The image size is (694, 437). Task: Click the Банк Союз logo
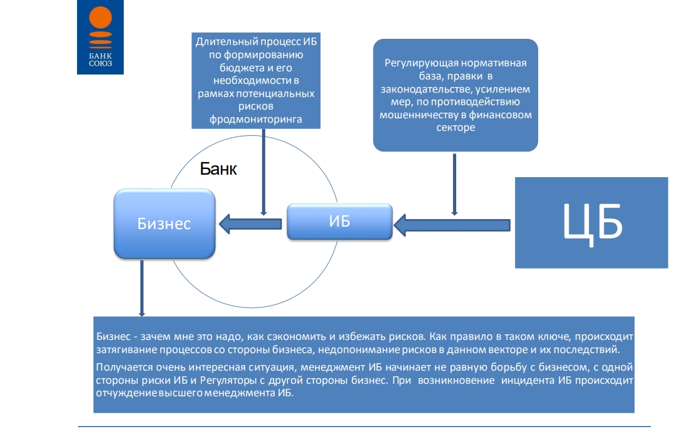pos(100,37)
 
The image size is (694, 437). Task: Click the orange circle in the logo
pos(101,18)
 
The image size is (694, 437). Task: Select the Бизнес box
pos(165,224)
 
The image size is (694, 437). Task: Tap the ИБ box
pos(339,222)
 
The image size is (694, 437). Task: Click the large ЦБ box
pos(591,223)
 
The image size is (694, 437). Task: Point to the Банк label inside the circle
pos(218,168)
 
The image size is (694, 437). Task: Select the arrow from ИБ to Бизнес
pos(250,224)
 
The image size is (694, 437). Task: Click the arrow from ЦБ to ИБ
pos(452,225)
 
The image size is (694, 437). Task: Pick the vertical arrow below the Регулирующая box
pos(454,185)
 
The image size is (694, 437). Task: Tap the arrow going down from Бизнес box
pos(141,288)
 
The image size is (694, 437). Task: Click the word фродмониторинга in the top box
pos(256,119)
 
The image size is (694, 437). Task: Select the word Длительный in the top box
pos(226,41)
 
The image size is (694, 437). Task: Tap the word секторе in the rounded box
pos(456,128)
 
